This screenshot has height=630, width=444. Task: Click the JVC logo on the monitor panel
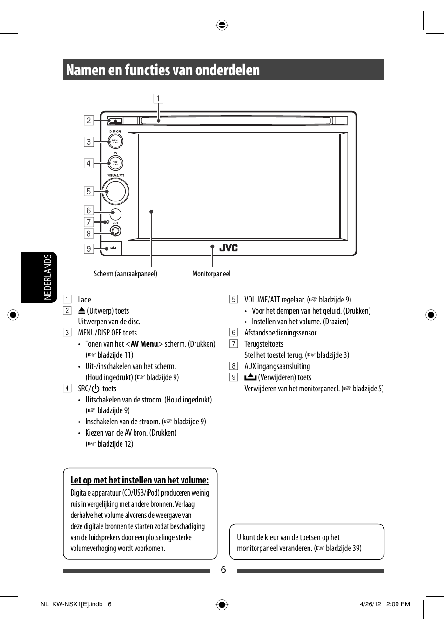pos(229,248)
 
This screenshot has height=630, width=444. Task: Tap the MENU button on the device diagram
pos(115,141)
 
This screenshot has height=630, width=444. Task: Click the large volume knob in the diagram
pos(115,191)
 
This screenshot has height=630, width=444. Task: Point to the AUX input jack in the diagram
pos(115,230)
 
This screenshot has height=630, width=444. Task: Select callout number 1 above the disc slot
pos(158,99)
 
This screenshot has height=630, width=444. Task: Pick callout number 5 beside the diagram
pos(88,191)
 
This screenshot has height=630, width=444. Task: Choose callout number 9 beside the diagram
pos(88,248)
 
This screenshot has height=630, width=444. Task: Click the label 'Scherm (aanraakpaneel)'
pos(126,274)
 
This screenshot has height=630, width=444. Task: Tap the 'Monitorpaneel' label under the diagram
pos(211,274)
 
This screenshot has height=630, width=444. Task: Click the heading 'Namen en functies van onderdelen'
pos(163,70)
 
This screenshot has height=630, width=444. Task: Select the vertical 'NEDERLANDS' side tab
pos(47,277)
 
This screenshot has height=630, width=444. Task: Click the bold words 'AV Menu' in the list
pos(144,344)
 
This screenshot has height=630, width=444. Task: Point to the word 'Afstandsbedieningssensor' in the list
pos(280,333)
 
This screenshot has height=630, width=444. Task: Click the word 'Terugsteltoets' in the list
pos(263,344)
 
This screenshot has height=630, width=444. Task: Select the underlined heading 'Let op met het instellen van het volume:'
pos(140,480)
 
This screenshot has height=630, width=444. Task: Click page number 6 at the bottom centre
pos(223,570)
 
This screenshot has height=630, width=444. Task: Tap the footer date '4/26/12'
pos(370,604)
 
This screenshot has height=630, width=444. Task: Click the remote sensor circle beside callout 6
pos(115,214)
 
